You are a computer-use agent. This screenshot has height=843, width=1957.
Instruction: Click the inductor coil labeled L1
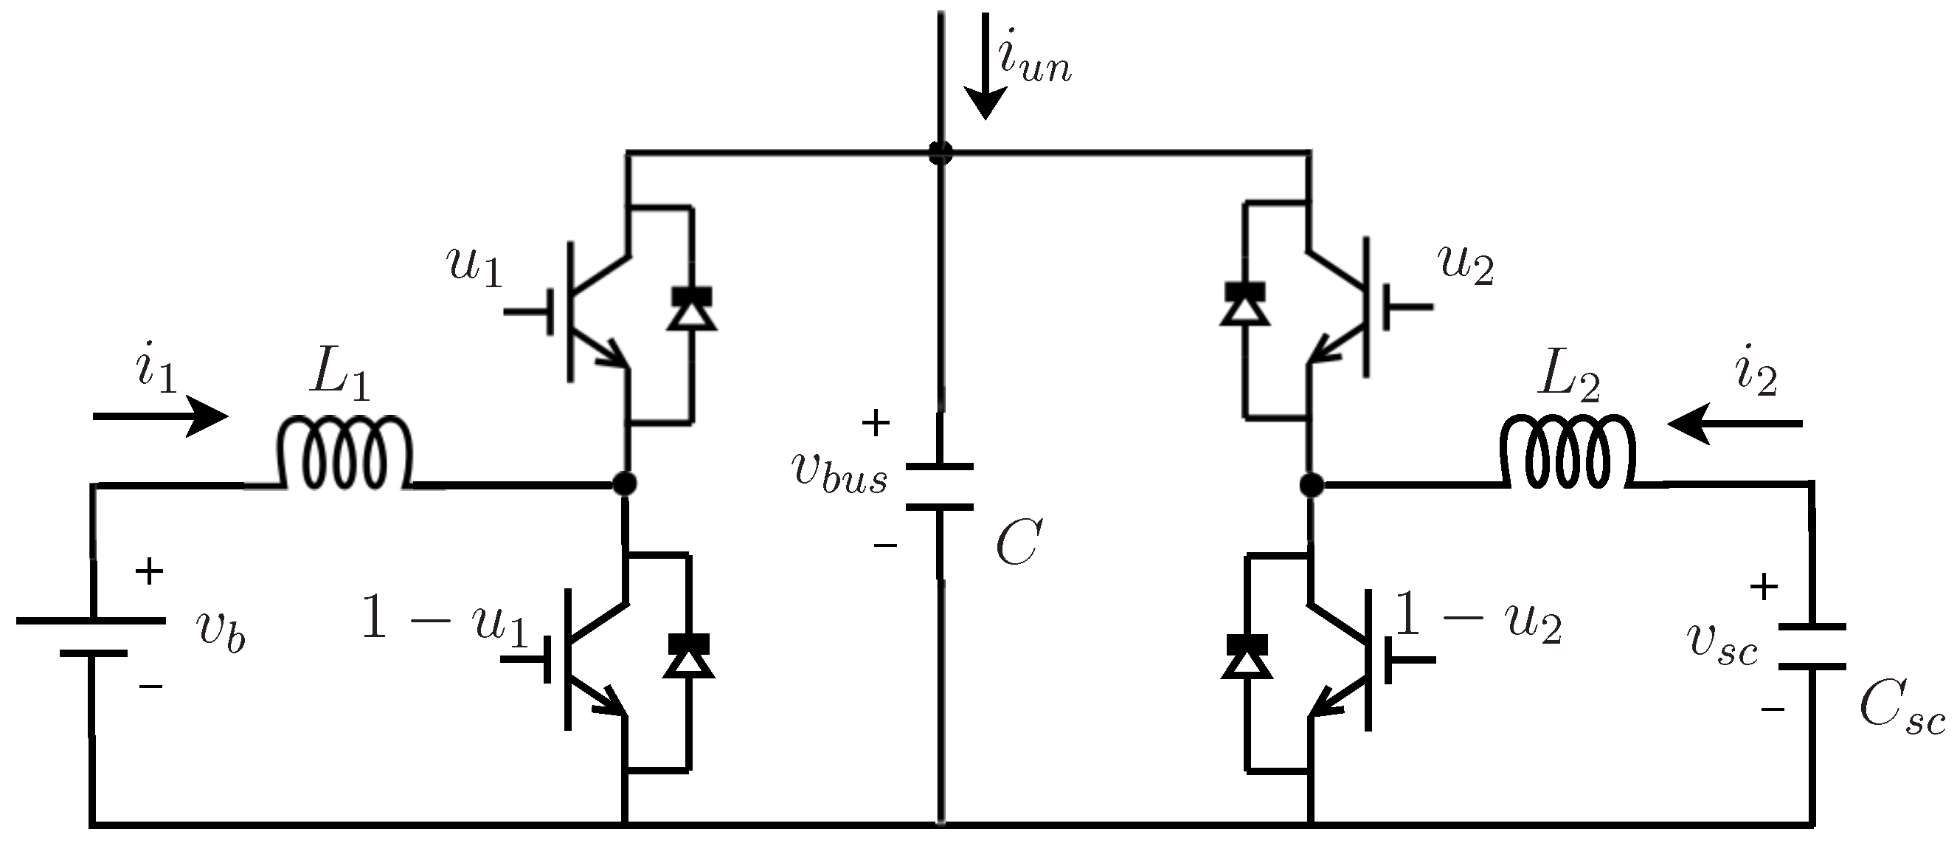(x=346, y=455)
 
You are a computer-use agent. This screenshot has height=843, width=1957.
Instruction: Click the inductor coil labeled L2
(x=1568, y=455)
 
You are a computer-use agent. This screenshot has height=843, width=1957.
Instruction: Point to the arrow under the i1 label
(x=160, y=416)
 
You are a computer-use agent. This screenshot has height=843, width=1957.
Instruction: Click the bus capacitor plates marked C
(x=941, y=486)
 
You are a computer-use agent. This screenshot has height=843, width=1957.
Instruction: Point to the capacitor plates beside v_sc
(x=1812, y=646)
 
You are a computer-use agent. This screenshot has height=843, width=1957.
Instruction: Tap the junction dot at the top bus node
(x=941, y=152)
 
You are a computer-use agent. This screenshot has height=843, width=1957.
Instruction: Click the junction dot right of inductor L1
(x=625, y=483)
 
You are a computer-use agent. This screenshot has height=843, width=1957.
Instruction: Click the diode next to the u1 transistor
(x=690, y=309)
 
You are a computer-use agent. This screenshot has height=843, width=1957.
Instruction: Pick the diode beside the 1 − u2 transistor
(x=1247, y=656)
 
